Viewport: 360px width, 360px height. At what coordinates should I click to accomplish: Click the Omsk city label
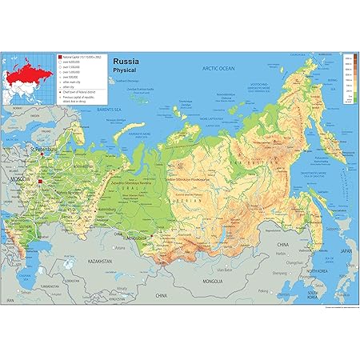[x=120, y=233]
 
